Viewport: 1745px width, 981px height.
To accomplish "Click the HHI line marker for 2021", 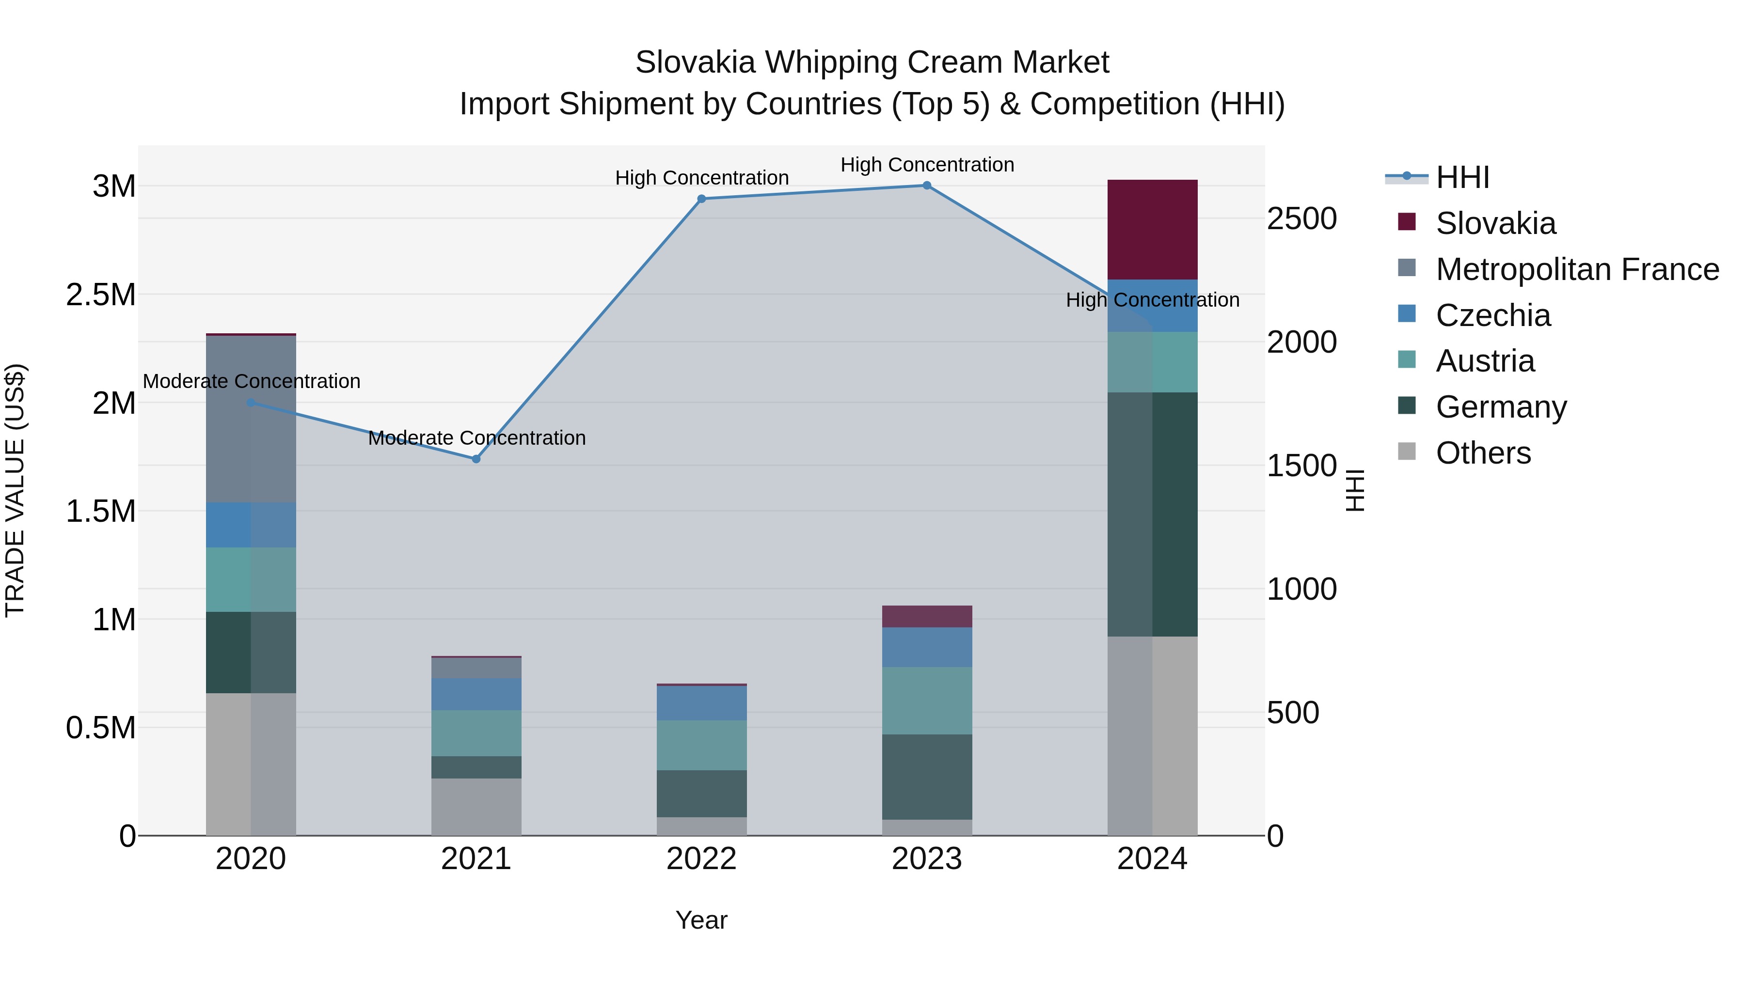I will click(x=476, y=459).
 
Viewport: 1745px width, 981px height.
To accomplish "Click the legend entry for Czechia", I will click(x=1492, y=315).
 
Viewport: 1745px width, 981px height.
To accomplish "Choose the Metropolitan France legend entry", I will click(x=1576, y=269).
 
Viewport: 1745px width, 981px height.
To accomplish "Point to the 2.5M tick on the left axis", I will click(x=100, y=295).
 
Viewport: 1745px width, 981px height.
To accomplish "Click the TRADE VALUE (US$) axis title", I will click(x=15, y=490).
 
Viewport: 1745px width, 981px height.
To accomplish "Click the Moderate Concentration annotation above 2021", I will click(x=476, y=438).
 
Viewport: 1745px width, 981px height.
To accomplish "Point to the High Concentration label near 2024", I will click(x=1152, y=300).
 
